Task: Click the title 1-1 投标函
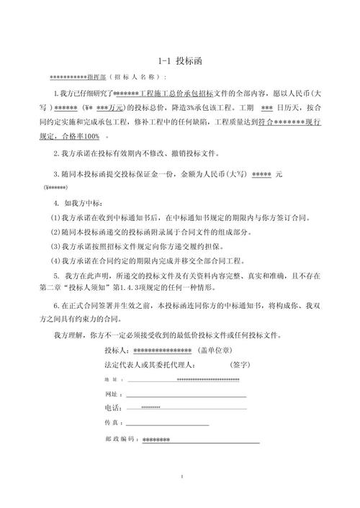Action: (179, 62)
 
